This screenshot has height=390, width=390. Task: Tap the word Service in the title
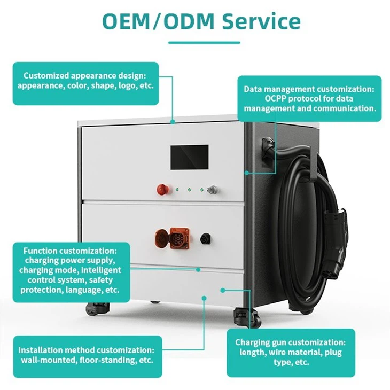[261, 21]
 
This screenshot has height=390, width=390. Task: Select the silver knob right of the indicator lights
[213, 189]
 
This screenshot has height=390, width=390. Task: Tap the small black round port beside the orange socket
[206, 238]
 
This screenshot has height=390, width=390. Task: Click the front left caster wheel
[94, 309]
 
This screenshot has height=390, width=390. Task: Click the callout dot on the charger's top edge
[173, 122]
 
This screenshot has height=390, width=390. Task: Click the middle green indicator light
[190, 189]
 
